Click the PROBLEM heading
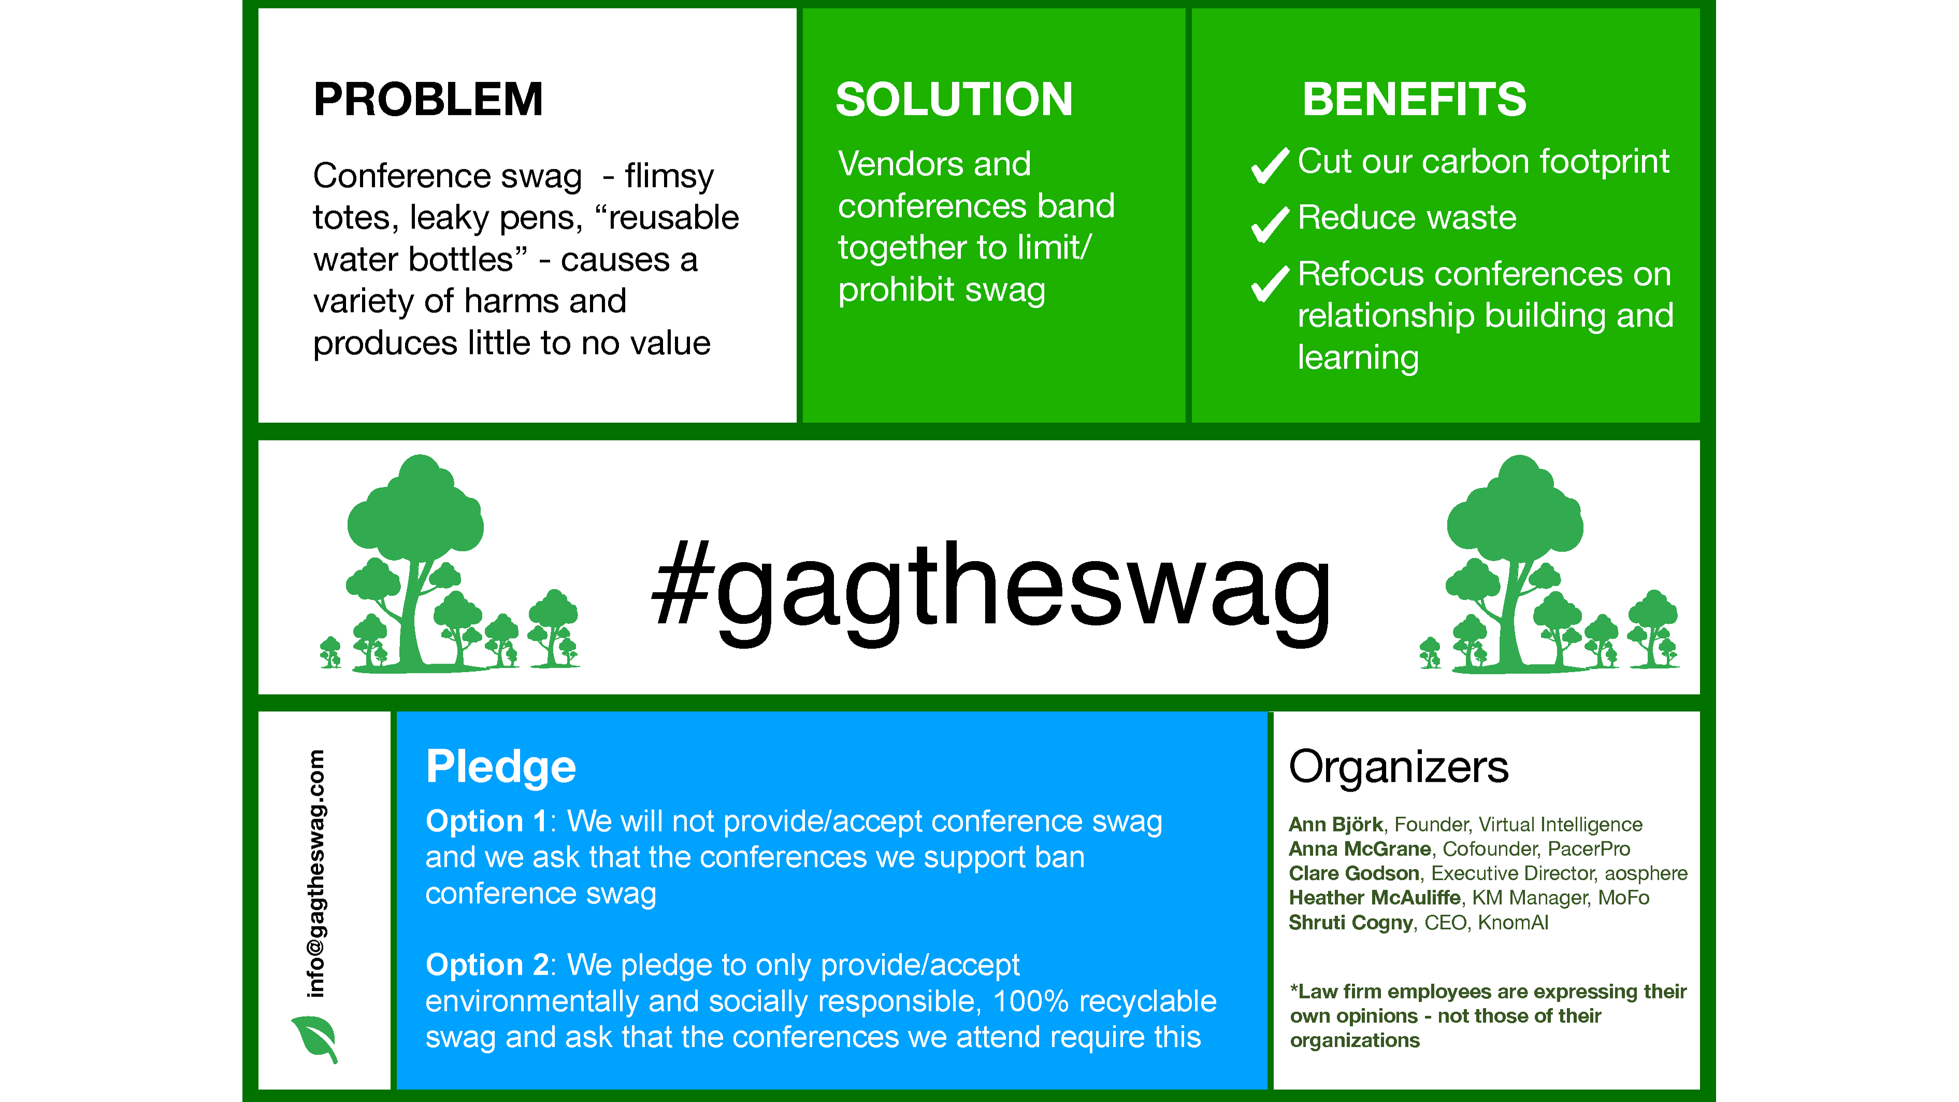(x=428, y=99)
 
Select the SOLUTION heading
(x=954, y=99)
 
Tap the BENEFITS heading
(x=1414, y=99)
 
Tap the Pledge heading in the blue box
(x=500, y=767)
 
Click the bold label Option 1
(x=486, y=821)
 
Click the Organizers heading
(x=1398, y=767)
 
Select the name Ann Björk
(x=1335, y=824)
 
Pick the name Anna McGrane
(x=1360, y=849)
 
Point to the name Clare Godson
(x=1353, y=873)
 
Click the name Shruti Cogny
(x=1350, y=923)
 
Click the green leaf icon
(x=315, y=1038)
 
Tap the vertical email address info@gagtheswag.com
(x=315, y=873)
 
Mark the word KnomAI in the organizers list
(x=1513, y=923)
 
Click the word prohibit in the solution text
(x=884, y=290)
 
